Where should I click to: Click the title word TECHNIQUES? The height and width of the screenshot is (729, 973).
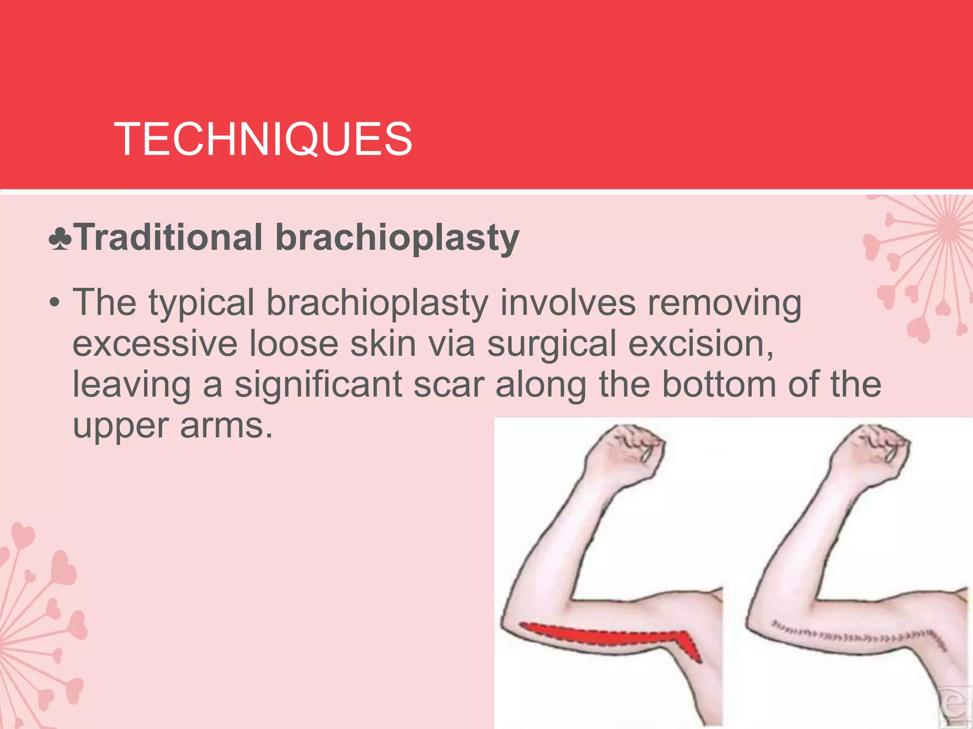[x=263, y=139]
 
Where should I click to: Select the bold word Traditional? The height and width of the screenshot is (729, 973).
[x=169, y=237]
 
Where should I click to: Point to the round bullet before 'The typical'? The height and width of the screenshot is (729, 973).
[x=56, y=303]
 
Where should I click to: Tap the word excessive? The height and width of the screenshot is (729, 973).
[x=155, y=344]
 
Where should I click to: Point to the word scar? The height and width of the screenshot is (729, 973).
[x=448, y=385]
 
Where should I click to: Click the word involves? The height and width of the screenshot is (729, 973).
[x=568, y=303]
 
